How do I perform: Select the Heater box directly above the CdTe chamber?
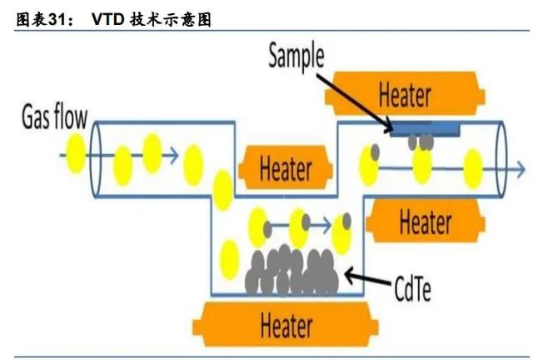click(285, 169)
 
